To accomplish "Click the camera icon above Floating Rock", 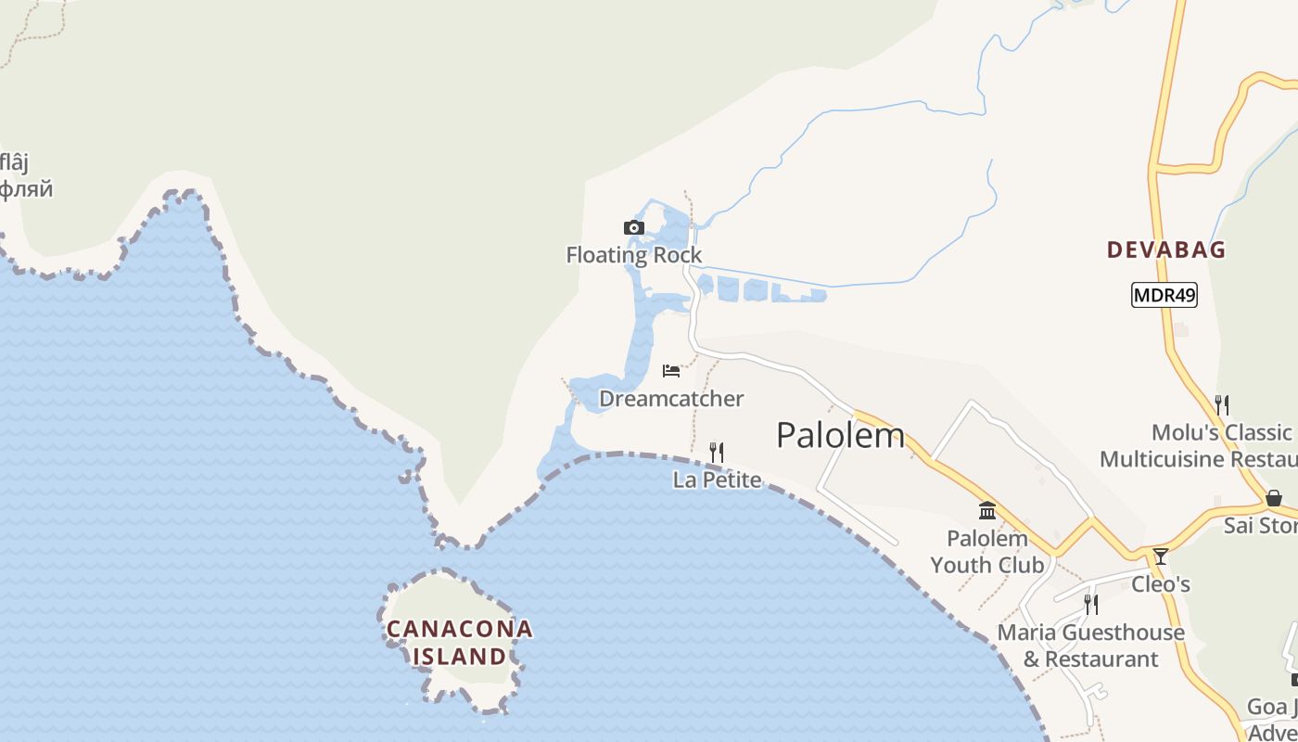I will pos(634,227).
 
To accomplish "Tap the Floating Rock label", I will pos(634,255).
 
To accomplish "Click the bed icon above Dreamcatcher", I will pos(671,371).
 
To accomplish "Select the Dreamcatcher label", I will pos(671,399).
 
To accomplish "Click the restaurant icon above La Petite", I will pos(717,453).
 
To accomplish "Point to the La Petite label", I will pos(717,480).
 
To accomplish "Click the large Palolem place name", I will pos(840,435).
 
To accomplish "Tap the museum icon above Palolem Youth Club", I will pos(987,511).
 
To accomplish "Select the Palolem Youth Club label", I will pos(987,552).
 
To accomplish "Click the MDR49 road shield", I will pos(1164,296).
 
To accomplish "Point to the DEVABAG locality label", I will pos(1166,249).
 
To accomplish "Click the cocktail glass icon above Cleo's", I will pos(1160,556).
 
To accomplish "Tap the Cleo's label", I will pos(1160,584).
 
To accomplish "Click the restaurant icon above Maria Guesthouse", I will pos(1091,605).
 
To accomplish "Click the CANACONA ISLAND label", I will pos(460,643).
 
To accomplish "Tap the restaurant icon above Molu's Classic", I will pos(1222,405).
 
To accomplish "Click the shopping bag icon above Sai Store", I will pos(1274,498).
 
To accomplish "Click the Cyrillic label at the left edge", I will pos(26,190).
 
